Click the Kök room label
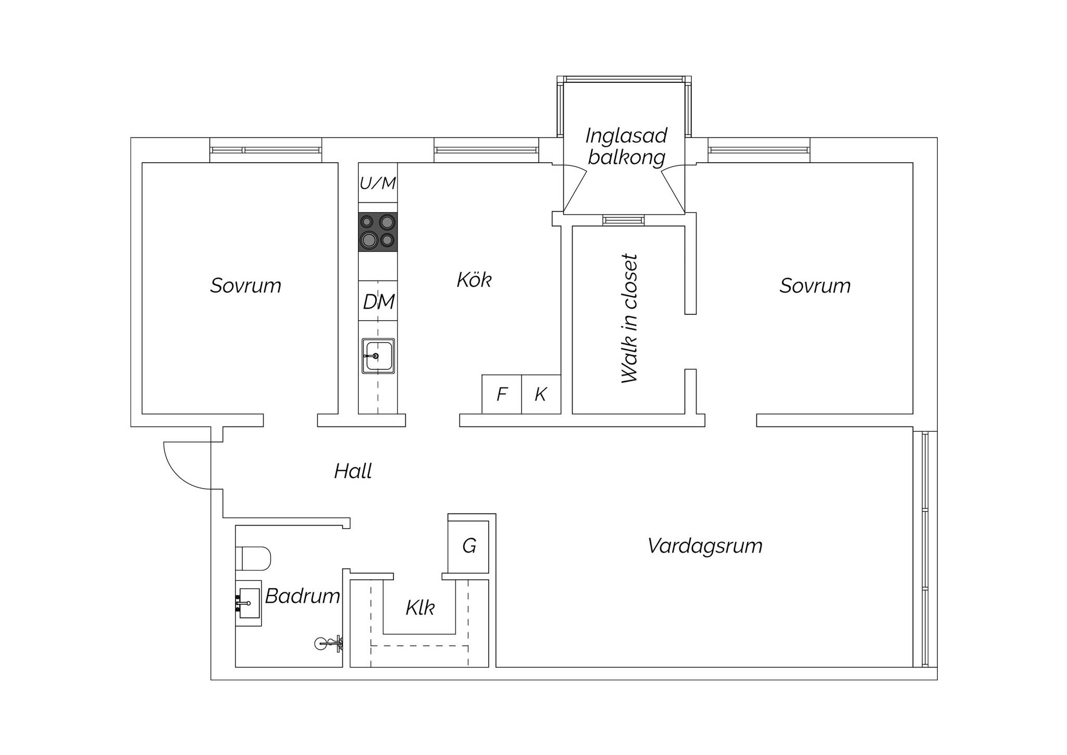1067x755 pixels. pyautogui.click(x=474, y=280)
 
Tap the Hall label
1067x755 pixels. pyautogui.click(x=353, y=471)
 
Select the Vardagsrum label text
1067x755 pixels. pyautogui.click(x=705, y=546)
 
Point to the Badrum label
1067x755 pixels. pyautogui.click(x=302, y=596)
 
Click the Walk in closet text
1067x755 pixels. pyautogui.click(x=629, y=319)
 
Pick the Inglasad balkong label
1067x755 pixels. pyautogui.click(x=626, y=146)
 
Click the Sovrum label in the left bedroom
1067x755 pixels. pyautogui.click(x=245, y=286)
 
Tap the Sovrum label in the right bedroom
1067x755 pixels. pyautogui.click(x=815, y=286)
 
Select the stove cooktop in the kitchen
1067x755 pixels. pyautogui.click(x=378, y=232)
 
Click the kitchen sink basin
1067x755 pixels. pyautogui.click(x=378, y=356)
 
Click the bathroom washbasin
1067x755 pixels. pyautogui.click(x=249, y=603)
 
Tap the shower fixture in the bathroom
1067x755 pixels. pyautogui.click(x=329, y=644)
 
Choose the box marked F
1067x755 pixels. pyautogui.click(x=502, y=394)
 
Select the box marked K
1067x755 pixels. pyautogui.click(x=541, y=394)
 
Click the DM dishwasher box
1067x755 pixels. pyautogui.click(x=378, y=301)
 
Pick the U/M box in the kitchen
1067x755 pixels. pyautogui.click(x=378, y=182)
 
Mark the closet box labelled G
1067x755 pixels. pyautogui.click(x=468, y=546)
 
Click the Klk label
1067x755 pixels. pyautogui.click(x=420, y=608)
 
